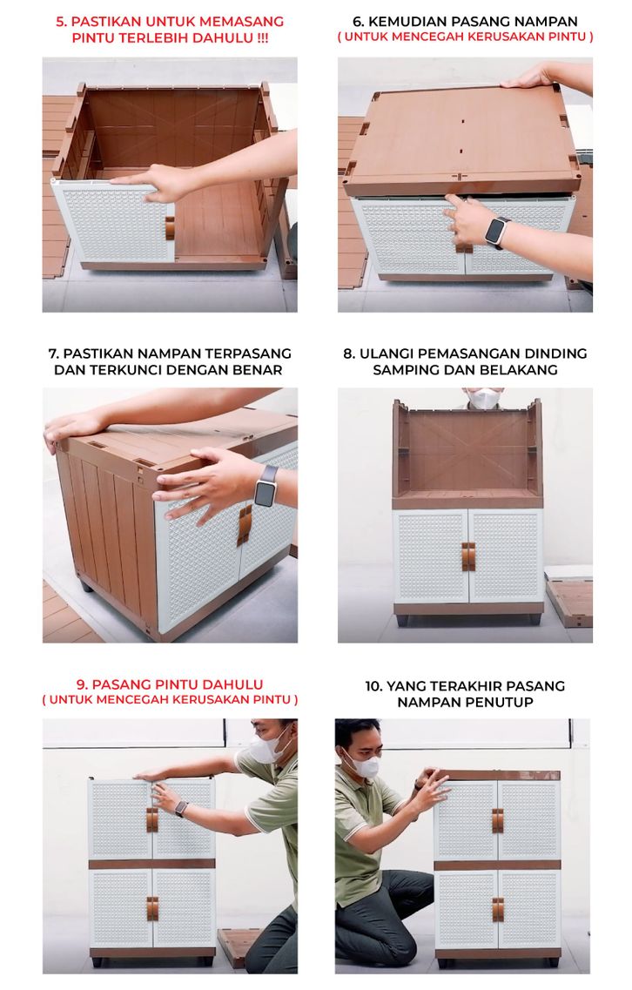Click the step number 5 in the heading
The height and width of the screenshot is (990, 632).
tap(61, 22)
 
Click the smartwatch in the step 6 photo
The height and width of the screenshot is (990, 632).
tap(498, 231)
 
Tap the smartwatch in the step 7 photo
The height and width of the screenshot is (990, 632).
tap(266, 486)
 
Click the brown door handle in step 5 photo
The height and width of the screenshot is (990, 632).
tap(169, 228)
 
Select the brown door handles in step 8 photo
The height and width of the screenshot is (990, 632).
tap(467, 556)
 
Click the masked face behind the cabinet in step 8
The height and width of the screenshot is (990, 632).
tap(484, 399)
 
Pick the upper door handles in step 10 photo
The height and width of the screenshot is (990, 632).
tap(498, 820)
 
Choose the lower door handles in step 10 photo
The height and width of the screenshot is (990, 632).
tap(498, 909)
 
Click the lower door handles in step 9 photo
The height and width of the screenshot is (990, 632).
tap(152, 908)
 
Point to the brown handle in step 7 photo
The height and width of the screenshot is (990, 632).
tap(245, 525)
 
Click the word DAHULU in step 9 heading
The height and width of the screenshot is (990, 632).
tap(232, 684)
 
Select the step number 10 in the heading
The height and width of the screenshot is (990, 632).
tap(373, 685)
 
